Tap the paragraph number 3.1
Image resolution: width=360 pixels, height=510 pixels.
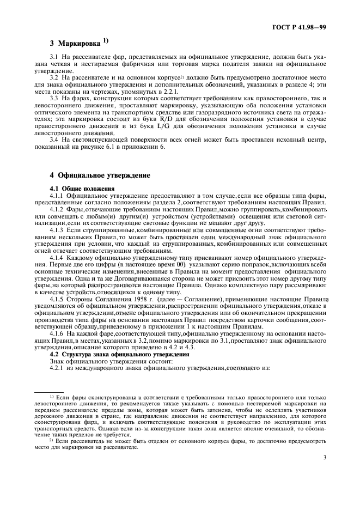(53, 57)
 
